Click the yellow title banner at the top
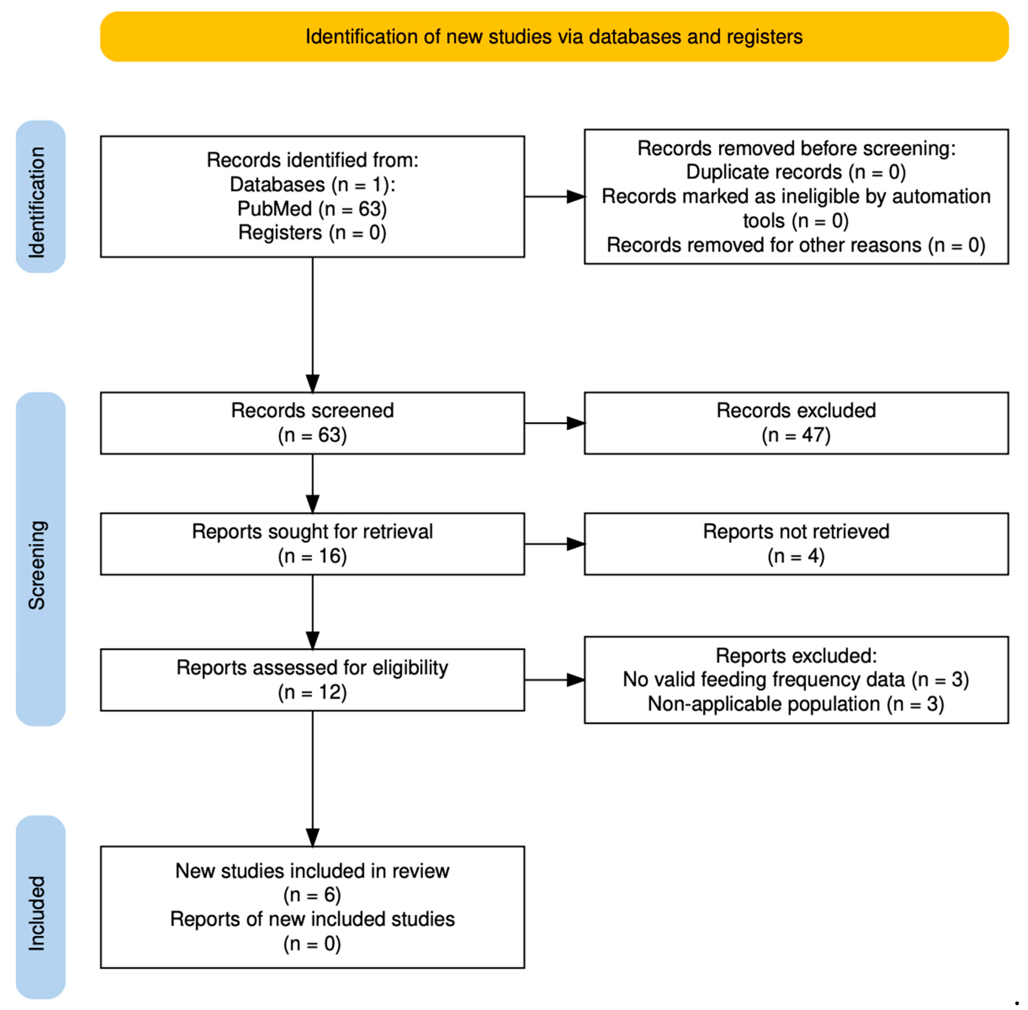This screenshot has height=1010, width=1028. tap(554, 37)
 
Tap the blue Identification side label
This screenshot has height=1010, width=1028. tap(40, 197)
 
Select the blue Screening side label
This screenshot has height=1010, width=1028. tap(40, 559)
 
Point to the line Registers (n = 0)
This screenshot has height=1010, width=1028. tap(312, 232)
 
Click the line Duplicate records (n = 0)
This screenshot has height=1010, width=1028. tap(796, 172)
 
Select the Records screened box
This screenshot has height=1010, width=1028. tap(312, 423)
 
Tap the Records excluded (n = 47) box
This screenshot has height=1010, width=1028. tap(796, 423)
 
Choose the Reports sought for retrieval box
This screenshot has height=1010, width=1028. tap(312, 544)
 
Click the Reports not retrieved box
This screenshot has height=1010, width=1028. tap(796, 544)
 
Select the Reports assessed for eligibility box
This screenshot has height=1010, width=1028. tap(312, 680)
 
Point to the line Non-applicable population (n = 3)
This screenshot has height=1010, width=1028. tap(796, 704)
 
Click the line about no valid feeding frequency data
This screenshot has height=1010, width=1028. tap(796, 680)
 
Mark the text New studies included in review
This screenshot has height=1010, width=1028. tap(312, 871)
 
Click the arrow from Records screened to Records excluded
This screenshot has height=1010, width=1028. tap(554, 423)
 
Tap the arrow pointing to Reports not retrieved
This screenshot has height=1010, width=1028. tap(554, 544)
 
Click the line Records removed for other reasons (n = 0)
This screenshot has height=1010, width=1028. tap(796, 245)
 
